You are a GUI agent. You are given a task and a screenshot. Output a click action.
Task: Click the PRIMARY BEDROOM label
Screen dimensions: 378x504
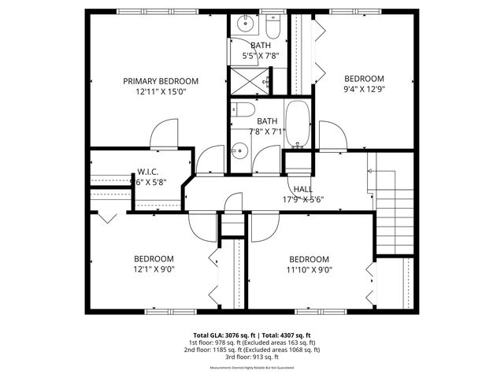click(x=161, y=81)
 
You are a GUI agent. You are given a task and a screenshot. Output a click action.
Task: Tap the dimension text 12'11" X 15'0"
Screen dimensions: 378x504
click(x=161, y=92)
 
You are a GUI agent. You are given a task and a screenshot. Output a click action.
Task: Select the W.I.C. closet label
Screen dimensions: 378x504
click(x=150, y=172)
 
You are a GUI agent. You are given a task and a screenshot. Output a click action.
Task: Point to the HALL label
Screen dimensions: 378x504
click(x=303, y=189)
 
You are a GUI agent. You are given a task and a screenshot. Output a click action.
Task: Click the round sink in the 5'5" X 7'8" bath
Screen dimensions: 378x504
click(x=244, y=22)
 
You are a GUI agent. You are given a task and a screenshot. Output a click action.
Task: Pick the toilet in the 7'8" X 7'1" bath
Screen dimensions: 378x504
click(x=244, y=110)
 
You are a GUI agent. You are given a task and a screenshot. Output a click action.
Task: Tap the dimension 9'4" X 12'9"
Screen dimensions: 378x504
click(x=363, y=90)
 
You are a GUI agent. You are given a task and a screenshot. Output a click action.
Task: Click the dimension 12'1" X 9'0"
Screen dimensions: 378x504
click(x=153, y=269)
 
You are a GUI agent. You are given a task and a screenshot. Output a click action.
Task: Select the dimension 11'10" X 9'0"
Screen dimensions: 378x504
click(x=309, y=270)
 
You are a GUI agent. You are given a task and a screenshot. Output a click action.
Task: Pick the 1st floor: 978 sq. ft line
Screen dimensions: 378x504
click(x=251, y=343)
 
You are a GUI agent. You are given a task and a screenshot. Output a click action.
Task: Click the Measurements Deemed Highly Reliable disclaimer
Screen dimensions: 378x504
click(x=251, y=368)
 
